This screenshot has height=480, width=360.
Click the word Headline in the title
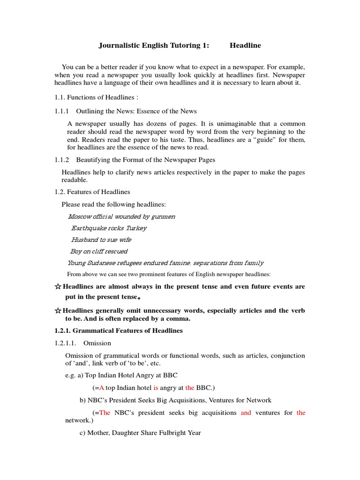(x=245, y=45)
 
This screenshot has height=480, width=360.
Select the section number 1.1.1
(x=61, y=111)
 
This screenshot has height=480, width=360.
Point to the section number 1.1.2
(x=61, y=160)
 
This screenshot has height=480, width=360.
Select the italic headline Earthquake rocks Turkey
(x=109, y=228)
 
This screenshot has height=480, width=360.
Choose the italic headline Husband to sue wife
(x=101, y=240)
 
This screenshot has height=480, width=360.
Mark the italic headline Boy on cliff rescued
(x=99, y=252)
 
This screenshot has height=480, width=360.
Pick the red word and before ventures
(x=246, y=412)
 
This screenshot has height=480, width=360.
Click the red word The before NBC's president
(x=105, y=412)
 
